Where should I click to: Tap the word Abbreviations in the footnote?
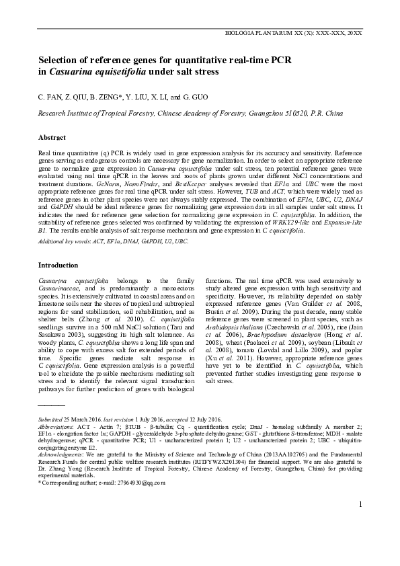[x=56, y=426]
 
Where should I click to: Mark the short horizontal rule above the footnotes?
[x=52, y=407]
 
